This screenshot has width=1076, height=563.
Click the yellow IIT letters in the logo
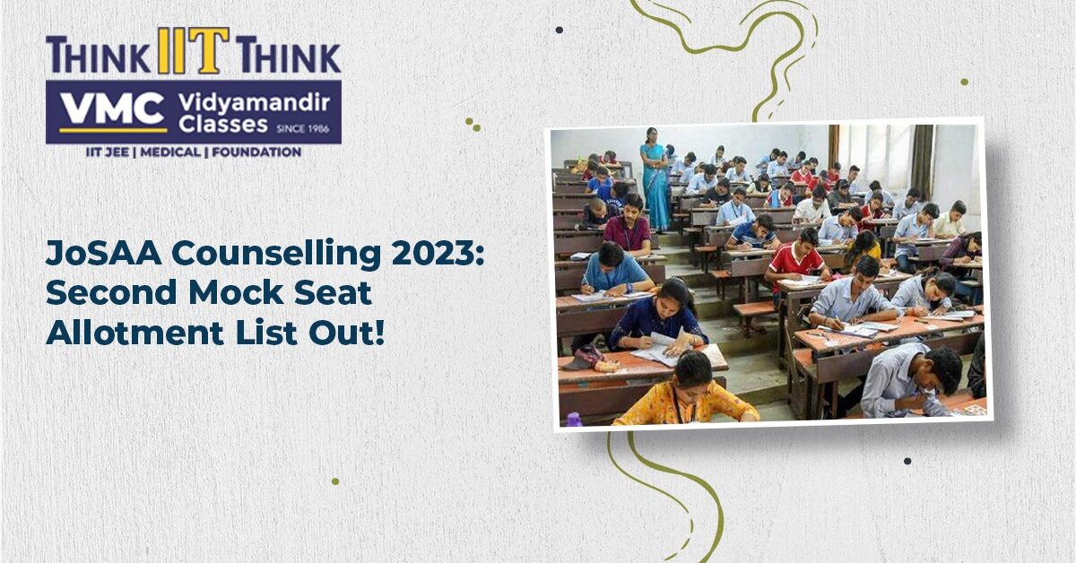(x=193, y=50)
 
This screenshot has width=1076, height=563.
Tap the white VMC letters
(x=113, y=109)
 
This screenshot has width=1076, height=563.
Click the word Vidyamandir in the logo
(x=254, y=103)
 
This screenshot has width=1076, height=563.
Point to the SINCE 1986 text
(x=303, y=129)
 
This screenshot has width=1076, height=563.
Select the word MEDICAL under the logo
(x=170, y=152)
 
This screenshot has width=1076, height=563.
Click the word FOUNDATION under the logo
(x=256, y=152)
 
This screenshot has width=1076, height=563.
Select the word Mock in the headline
(x=235, y=292)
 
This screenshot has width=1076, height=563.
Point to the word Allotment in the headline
(x=135, y=332)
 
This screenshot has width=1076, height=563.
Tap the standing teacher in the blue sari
(x=655, y=178)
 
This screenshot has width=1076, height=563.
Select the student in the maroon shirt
(x=628, y=226)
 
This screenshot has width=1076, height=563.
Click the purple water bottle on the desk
(x=573, y=420)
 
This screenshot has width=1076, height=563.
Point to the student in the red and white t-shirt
(x=796, y=259)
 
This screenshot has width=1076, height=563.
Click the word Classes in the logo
(x=223, y=125)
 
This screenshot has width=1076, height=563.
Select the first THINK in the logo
(x=98, y=56)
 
